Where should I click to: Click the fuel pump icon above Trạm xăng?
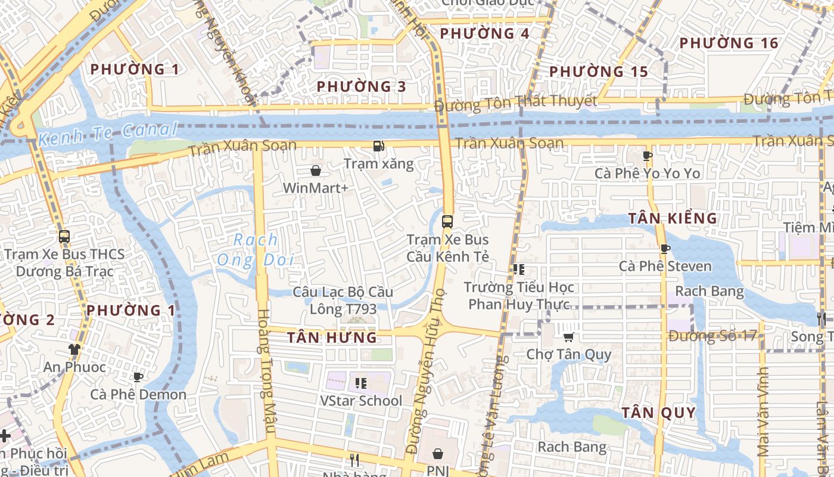(378, 146)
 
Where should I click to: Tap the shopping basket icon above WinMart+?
(316, 171)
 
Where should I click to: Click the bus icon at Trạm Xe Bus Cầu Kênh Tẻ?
(447, 222)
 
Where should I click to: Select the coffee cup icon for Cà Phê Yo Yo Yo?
(648, 156)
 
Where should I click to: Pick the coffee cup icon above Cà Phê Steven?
(665, 249)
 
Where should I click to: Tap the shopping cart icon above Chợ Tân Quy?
(569, 337)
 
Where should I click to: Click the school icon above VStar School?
(361, 383)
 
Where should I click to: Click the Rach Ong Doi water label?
(256, 250)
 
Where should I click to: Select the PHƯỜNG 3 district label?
(361, 86)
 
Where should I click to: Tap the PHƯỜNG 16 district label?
(729, 43)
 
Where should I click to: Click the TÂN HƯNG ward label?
(332, 337)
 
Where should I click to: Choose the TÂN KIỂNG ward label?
(673, 218)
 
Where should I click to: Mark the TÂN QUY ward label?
(659, 413)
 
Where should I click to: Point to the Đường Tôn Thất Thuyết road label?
(515, 103)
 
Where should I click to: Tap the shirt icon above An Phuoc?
(74, 349)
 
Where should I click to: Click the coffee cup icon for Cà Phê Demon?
(138, 377)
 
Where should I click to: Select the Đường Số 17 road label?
(712, 336)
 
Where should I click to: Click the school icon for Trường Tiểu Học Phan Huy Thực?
(518, 270)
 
